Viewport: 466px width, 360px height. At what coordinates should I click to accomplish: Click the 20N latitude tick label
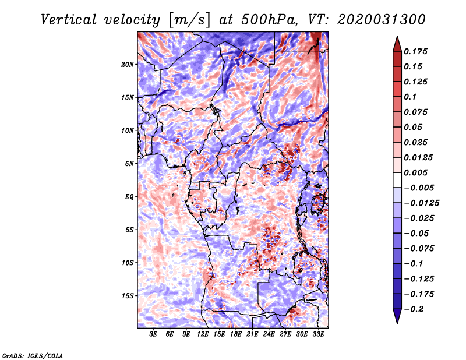click(x=128, y=64)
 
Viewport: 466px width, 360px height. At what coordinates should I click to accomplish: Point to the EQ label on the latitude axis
click(x=129, y=197)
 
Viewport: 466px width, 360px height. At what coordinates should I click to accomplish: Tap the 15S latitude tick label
click(x=128, y=296)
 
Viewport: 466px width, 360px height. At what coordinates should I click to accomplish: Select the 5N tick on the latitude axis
click(x=129, y=164)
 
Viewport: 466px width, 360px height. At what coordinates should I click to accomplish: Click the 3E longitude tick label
click(x=154, y=335)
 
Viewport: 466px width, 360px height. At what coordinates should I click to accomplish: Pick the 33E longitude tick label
click(x=318, y=335)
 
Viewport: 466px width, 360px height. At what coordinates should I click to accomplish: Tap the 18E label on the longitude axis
click(x=236, y=335)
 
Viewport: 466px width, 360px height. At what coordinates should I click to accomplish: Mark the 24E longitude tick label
click(x=269, y=335)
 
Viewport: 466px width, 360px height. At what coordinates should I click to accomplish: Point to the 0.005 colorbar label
click(x=417, y=172)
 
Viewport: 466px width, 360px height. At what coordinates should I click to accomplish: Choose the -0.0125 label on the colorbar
click(x=423, y=203)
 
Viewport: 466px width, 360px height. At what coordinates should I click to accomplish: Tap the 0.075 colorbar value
click(x=417, y=112)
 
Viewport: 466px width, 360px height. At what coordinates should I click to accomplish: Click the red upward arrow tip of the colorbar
click(x=396, y=40)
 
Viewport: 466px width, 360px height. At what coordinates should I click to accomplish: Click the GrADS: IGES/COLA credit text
click(x=32, y=355)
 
